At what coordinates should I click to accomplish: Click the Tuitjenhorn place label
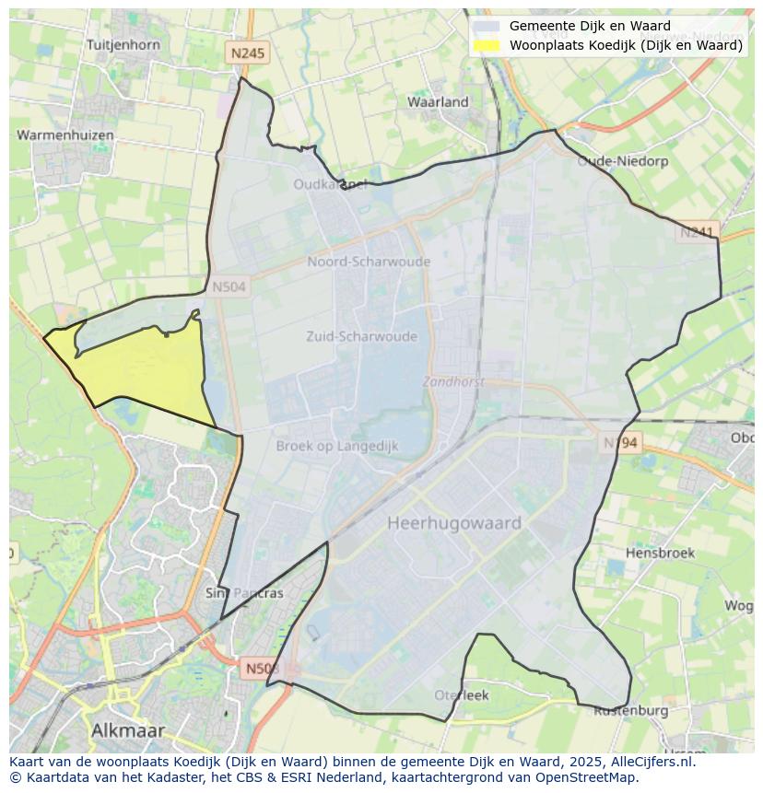(x=123, y=44)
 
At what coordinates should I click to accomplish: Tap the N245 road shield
(x=248, y=53)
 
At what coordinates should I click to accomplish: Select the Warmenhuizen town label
(x=65, y=135)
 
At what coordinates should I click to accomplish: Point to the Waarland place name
(x=438, y=102)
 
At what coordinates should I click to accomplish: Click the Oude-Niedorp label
(x=616, y=161)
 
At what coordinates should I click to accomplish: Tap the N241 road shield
(x=698, y=232)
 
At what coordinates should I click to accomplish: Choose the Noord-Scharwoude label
(x=369, y=262)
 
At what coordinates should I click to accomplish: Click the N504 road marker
(x=229, y=287)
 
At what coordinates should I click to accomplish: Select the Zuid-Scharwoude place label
(x=361, y=337)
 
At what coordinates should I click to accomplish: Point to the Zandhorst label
(x=452, y=380)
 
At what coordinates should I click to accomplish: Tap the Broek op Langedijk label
(x=337, y=446)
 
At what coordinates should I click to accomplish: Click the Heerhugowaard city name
(x=454, y=523)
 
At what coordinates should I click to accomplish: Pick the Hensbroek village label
(x=660, y=554)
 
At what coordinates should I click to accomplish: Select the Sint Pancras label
(x=244, y=593)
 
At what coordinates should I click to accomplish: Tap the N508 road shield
(x=264, y=667)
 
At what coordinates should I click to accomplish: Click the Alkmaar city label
(x=128, y=730)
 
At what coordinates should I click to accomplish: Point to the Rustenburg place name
(x=630, y=711)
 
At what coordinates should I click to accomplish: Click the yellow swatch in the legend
(x=487, y=45)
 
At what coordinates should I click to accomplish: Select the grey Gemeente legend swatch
(x=487, y=27)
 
